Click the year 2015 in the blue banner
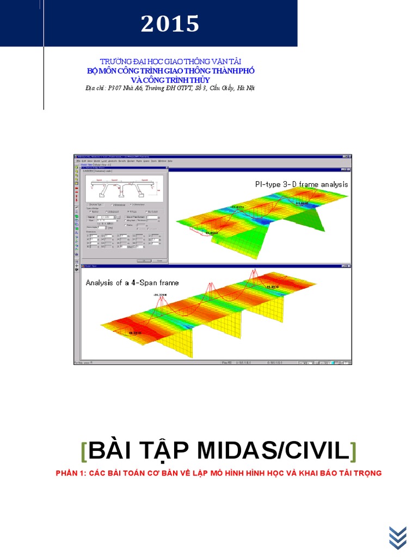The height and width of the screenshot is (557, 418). pos(170,24)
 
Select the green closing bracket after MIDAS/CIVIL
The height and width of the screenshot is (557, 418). pos(353,451)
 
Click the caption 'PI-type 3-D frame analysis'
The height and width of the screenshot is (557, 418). pos(301,184)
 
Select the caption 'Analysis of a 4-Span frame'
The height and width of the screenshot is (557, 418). pos(132,282)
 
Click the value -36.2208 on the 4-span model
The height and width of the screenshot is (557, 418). pos(161,295)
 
